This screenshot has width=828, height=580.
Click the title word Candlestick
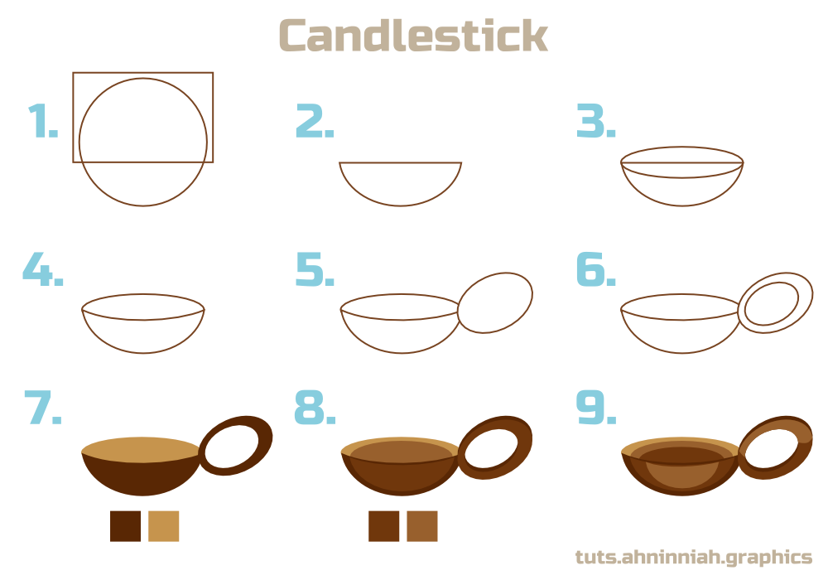click(x=412, y=36)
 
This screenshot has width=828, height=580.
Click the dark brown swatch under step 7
click(x=125, y=526)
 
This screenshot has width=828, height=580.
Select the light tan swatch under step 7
click(x=163, y=526)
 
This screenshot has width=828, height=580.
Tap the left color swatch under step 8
click(x=383, y=526)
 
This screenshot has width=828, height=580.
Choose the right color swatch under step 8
click(x=421, y=526)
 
